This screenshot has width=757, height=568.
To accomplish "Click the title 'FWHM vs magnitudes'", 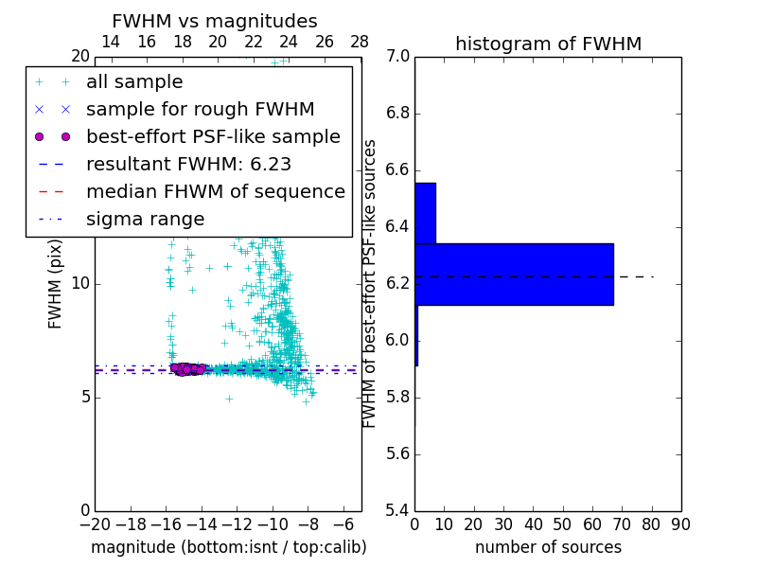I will [x=215, y=22].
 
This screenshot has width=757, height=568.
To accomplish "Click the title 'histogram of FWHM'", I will [x=548, y=44].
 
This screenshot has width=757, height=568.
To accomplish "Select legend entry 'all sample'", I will [x=134, y=82].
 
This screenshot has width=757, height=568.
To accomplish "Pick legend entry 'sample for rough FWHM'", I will [x=200, y=110].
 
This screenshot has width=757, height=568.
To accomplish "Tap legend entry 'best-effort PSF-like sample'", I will [x=213, y=137].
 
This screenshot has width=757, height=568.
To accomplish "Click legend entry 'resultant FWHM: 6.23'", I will [x=188, y=165].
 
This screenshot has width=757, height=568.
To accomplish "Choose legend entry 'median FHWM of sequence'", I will [x=215, y=192].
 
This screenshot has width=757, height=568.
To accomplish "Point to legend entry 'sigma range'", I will [x=145, y=220].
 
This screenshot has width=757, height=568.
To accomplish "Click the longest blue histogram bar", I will [x=514, y=275].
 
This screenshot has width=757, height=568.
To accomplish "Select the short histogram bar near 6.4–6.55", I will [x=425, y=213].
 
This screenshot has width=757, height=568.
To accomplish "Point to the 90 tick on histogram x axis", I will [x=680, y=524].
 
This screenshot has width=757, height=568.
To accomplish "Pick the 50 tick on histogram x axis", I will [x=562, y=524].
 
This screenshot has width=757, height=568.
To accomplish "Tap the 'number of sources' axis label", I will [x=548, y=547].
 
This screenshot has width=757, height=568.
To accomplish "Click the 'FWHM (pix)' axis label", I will [x=56, y=284].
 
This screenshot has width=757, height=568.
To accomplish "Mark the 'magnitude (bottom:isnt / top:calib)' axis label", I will [x=228, y=547].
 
